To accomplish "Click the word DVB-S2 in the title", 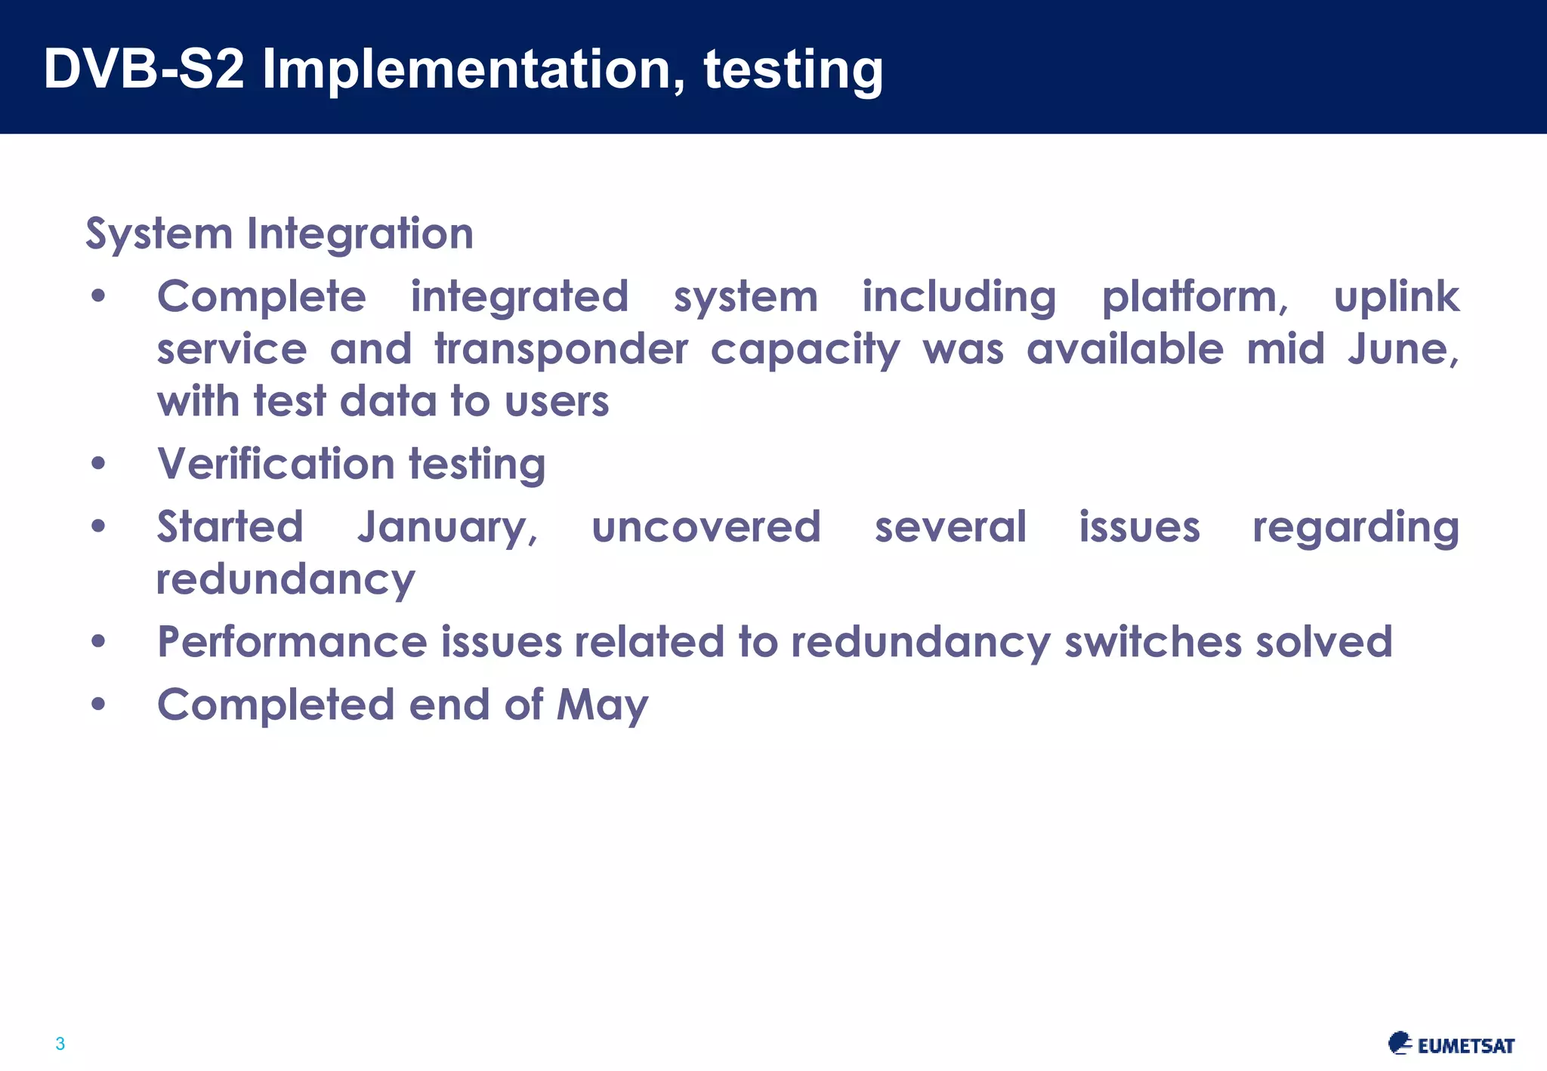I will [x=144, y=69].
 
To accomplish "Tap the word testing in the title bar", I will [x=792, y=69].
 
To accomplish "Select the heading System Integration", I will [x=279, y=233].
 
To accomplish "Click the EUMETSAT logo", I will [x=1450, y=1044].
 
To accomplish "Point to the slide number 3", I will [x=60, y=1044].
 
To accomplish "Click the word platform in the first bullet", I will [x=1194, y=297].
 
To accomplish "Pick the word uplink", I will [x=1396, y=297].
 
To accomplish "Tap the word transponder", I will [x=561, y=350].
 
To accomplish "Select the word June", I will [x=1402, y=350].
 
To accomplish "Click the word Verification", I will [x=276, y=464].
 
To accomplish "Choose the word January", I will [x=446, y=527].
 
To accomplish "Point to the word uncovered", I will [x=706, y=527].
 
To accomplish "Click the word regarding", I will [x=1355, y=527].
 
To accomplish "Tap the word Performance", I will [x=292, y=643].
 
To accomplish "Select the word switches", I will [x=1153, y=643].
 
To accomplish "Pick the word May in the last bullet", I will [x=602, y=705].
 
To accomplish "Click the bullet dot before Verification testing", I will [x=98, y=464].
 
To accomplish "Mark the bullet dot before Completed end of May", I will [x=98, y=705].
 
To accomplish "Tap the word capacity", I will [x=804, y=350].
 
